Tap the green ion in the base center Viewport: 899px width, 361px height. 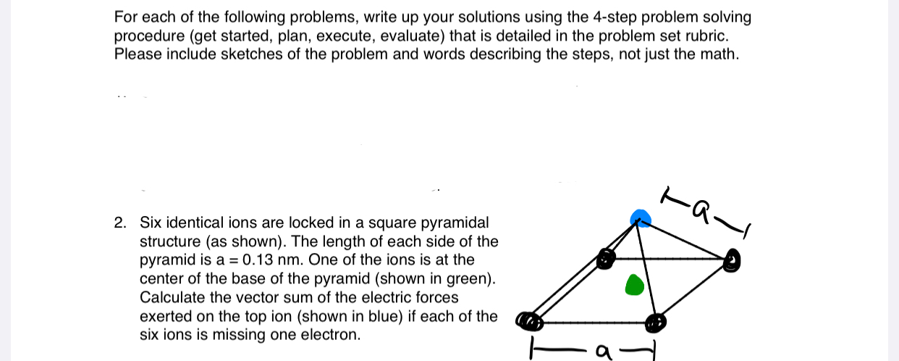(634, 285)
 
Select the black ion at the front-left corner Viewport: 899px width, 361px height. (528, 320)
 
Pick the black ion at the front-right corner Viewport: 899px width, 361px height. (656, 321)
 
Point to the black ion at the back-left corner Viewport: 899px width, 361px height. (606, 257)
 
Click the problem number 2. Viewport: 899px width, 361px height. (119, 223)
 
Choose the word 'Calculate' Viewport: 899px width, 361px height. (169, 297)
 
